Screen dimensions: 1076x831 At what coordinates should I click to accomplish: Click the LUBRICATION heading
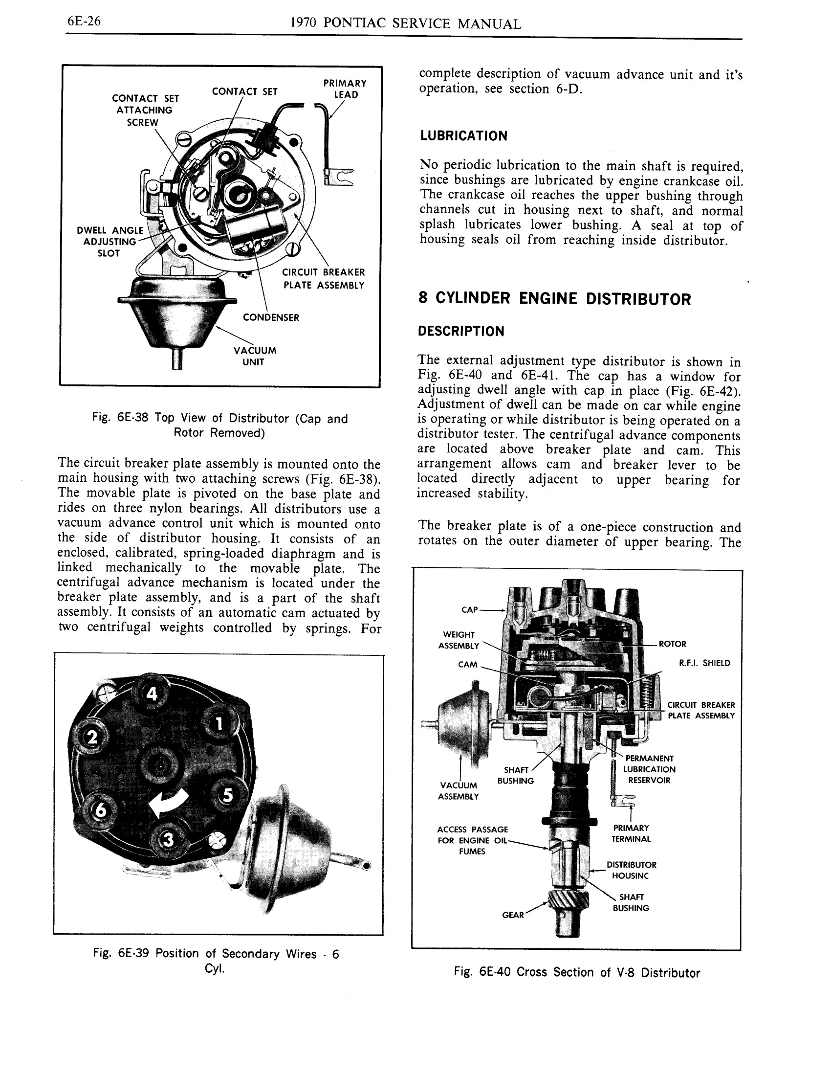point(463,136)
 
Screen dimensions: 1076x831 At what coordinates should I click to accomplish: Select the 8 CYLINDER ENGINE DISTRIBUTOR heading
point(554,298)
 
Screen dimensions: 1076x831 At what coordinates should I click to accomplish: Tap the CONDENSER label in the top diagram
point(271,318)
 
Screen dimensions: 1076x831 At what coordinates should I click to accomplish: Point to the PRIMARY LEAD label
point(345,89)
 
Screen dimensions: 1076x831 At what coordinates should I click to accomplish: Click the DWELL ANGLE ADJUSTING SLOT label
point(110,242)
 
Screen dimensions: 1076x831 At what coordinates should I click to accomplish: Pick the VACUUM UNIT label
point(255,356)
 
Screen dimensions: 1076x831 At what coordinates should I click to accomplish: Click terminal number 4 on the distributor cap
point(152,694)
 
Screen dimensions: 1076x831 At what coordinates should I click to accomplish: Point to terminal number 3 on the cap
point(168,840)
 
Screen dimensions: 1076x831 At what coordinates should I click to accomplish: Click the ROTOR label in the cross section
point(672,644)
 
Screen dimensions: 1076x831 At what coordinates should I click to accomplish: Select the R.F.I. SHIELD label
point(704,663)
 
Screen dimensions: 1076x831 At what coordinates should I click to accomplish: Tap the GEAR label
point(512,915)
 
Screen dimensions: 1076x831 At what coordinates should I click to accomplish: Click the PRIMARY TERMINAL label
point(631,833)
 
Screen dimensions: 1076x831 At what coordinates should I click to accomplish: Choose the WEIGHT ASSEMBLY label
point(459,640)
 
